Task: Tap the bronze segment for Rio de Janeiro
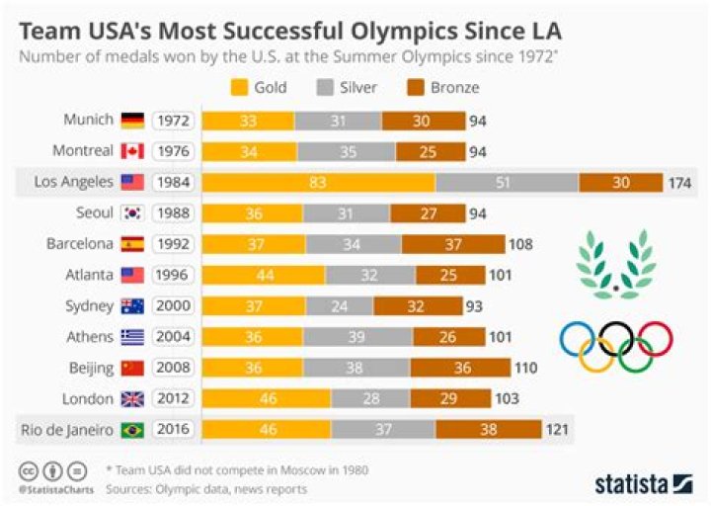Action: pyautogui.click(x=488, y=430)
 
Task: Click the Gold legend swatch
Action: pyautogui.click(x=237, y=88)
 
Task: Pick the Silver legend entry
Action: pyautogui.click(x=345, y=88)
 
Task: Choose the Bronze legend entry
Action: pyautogui.click(x=442, y=88)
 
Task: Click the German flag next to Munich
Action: pyautogui.click(x=132, y=121)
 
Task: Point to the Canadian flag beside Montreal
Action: pyautogui.click(x=132, y=151)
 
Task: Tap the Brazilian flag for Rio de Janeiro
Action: pyautogui.click(x=132, y=430)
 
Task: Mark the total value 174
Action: pyautogui.click(x=681, y=183)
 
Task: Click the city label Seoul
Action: pyautogui.click(x=93, y=213)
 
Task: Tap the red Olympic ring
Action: pyautogui.click(x=653, y=339)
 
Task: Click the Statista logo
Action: pyautogui.click(x=643, y=483)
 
